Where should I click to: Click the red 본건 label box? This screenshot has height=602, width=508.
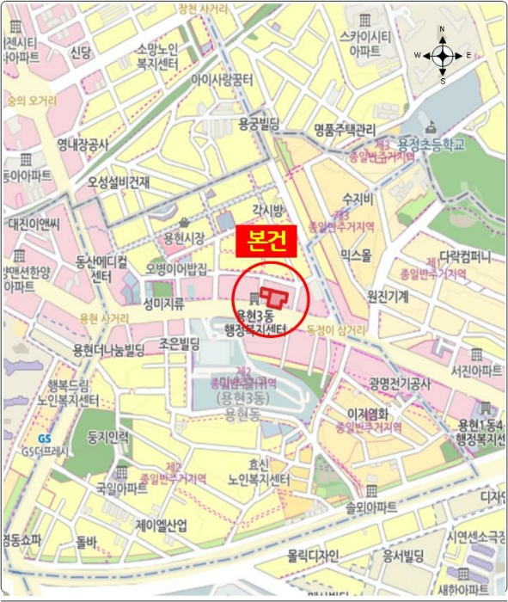(x=266, y=241)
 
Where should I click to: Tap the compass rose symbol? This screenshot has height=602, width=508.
(x=443, y=56)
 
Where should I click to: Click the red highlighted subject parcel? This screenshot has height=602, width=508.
(x=275, y=298)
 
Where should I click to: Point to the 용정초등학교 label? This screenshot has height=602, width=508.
(x=430, y=145)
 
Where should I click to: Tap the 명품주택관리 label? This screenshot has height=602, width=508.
(x=345, y=130)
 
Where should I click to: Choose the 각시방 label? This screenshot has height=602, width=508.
(x=267, y=211)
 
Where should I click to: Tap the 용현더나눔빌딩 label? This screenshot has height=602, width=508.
(x=108, y=348)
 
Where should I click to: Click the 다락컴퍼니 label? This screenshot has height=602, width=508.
(x=464, y=257)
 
